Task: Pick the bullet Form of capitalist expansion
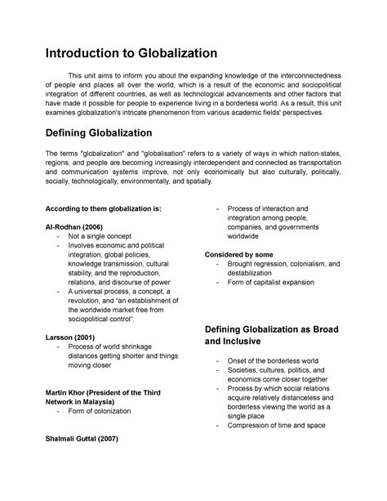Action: pos(277,283)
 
